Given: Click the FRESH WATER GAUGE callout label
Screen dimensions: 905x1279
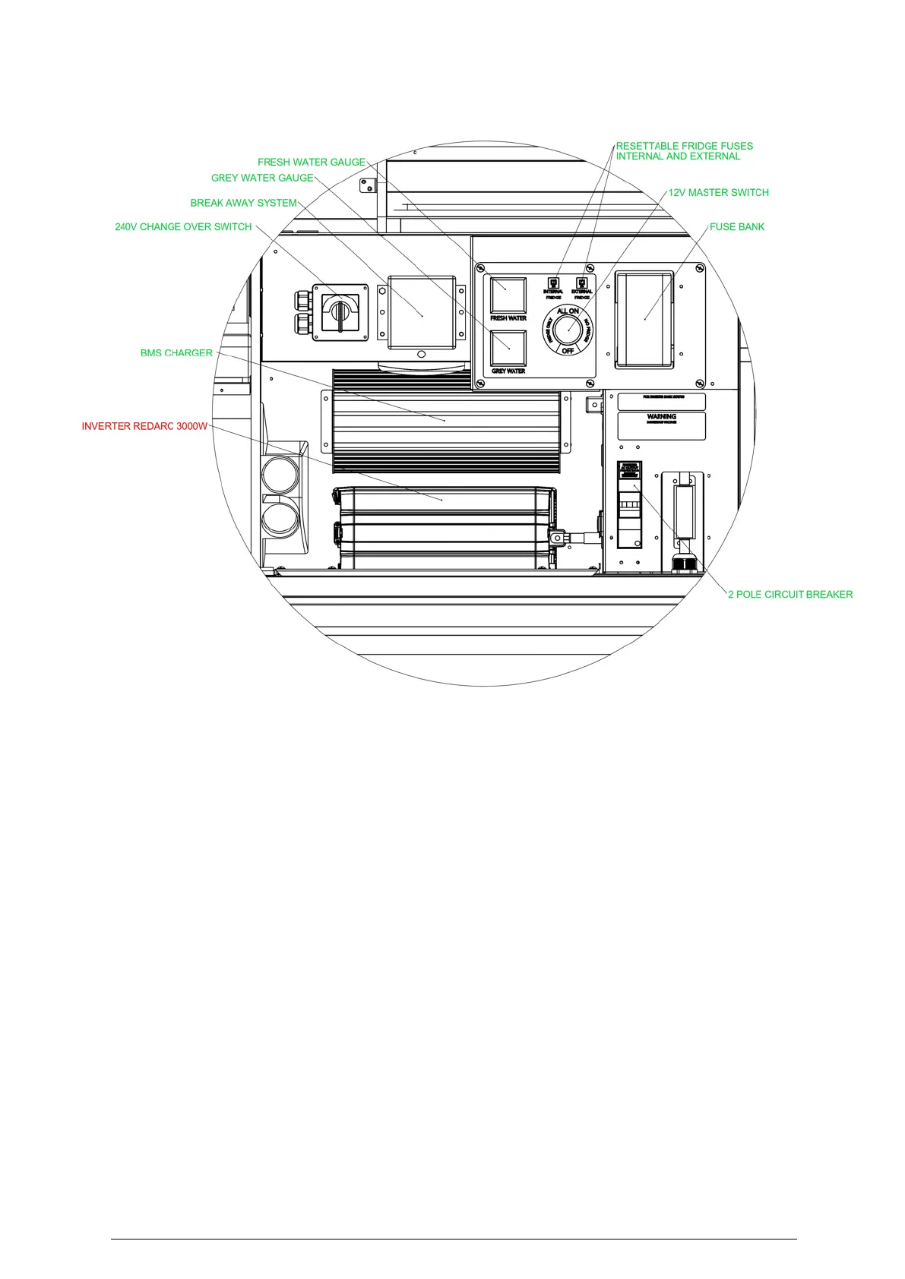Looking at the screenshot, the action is pyautogui.click(x=311, y=163).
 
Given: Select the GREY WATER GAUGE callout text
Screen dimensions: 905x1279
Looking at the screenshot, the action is pyautogui.click(x=262, y=178).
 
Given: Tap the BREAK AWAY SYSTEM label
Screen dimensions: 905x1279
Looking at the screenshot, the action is pyautogui.click(x=243, y=203).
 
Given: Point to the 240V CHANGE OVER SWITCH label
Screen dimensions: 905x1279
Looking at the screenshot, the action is pyautogui.click(x=183, y=227).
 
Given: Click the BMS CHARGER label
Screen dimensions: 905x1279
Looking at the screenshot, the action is pyautogui.click(x=176, y=353).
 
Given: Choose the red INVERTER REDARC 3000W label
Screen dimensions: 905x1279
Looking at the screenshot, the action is pyautogui.click(x=144, y=427).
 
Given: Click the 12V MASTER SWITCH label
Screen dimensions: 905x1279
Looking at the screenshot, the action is pyautogui.click(x=718, y=193).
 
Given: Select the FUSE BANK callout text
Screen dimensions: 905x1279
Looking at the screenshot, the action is pyautogui.click(x=736, y=227).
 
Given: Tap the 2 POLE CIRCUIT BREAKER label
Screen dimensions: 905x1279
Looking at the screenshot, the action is pyautogui.click(x=790, y=595).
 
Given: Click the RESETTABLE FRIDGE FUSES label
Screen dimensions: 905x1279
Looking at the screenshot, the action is pyautogui.click(x=684, y=146).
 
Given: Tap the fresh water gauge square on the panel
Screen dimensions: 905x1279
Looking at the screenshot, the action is pyautogui.click(x=508, y=295).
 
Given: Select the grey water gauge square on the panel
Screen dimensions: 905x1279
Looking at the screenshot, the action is pyautogui.click(x=508, y=348).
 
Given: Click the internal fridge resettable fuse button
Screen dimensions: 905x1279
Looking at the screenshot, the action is pyautogui.click(x=553, y=283).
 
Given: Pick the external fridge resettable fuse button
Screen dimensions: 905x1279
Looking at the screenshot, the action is pyautogui.click(x=582, y=283).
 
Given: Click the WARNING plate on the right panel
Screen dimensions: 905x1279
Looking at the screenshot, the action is pyautogui.click(x=661, y=425).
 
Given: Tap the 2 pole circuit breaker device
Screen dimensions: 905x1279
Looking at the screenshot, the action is pyautogui.click(x=629, y=504).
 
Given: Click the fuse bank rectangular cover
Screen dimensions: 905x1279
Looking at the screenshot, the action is pyautogui.click(x=644, y=319).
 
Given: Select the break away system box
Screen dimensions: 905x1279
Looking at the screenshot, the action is pyautogui.click(x=421, y=312).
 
